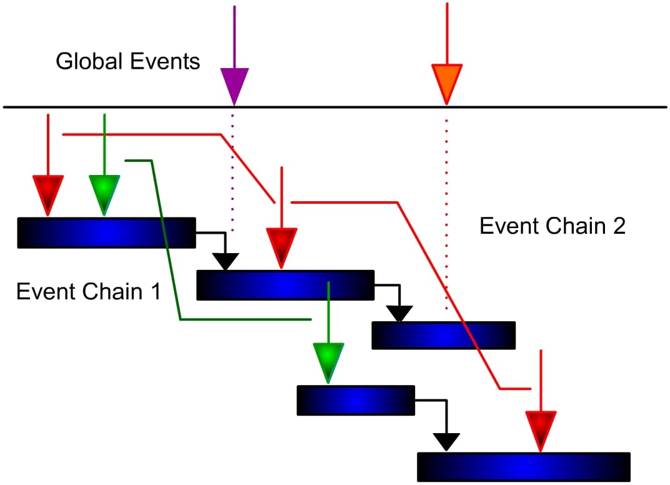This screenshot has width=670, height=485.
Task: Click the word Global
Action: [91, 62]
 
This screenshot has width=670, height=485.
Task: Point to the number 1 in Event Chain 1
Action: [154, 292]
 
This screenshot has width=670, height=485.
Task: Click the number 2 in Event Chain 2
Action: [618, 226]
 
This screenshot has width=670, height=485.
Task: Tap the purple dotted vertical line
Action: [232, 169]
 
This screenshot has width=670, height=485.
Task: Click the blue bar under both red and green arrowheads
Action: [106, 232]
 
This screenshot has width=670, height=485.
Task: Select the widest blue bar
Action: [524, 467]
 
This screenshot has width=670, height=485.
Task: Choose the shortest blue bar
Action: [356, 401]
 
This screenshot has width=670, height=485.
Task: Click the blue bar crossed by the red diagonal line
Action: [443, 335]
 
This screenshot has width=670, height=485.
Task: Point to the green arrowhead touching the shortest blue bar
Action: [329, 361]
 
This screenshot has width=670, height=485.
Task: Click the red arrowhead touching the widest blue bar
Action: [541, 429]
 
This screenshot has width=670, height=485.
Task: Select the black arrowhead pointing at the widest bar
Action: [446, 441]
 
